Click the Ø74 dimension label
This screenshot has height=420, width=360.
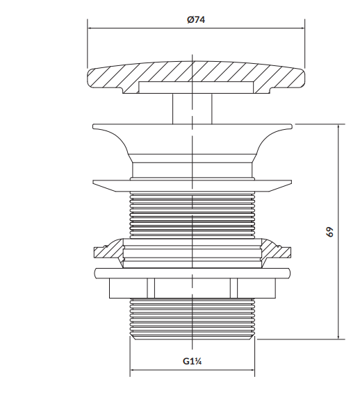(x=196, y=20)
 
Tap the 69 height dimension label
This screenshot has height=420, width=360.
(x=330, y=232)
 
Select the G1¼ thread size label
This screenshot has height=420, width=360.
(x=193, y=362)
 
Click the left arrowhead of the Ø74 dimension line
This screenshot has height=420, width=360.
(x=90, y=28)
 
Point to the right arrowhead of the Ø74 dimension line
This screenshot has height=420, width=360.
(x=302, y=28)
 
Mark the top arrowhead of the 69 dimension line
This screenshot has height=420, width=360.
(x=338, y=127)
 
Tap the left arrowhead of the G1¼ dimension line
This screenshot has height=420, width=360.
(x=133, y=370)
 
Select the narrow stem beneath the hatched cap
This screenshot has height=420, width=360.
(x=192, y=109)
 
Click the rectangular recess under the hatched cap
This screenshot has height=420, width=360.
(x=196, y=87)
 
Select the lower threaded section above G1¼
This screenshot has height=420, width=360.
(x=193, y=319)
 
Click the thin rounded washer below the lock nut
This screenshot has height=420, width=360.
(x=193, y=274)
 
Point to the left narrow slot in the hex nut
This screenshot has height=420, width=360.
(x=151, y=288)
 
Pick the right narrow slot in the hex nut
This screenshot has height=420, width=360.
(x=234, y=288)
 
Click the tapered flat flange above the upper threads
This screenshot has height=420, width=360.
(x=193, y=185)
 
